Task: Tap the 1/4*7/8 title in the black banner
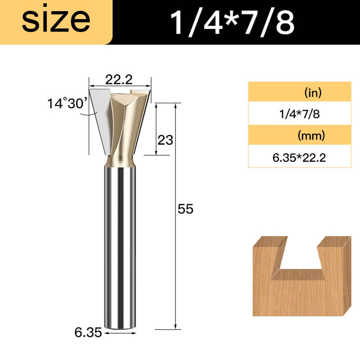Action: [232, 22]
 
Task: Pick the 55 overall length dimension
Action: [185, 209]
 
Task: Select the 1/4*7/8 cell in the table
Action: [300, 114]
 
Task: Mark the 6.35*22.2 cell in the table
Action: [300, 158]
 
